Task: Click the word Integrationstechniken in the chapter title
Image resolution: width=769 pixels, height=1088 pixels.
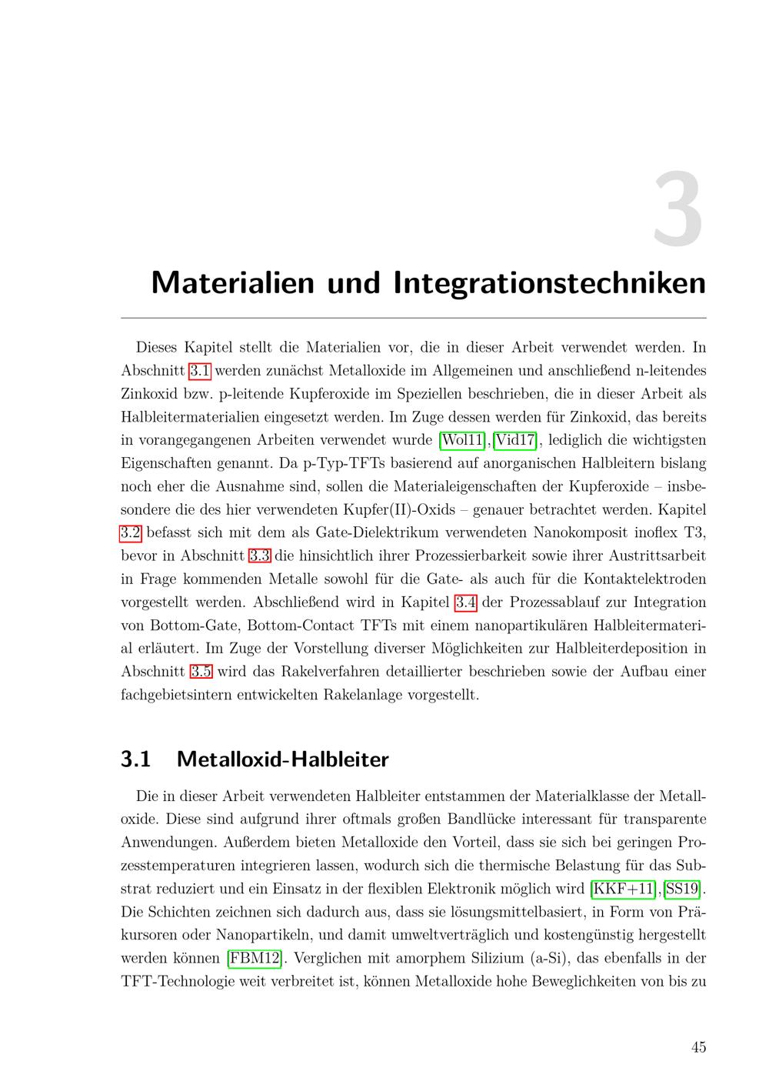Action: [x=549, y=283]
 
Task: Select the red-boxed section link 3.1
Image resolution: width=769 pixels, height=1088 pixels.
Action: [x=200, y=371]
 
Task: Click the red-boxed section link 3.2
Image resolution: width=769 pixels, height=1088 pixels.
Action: [x=131, y=532]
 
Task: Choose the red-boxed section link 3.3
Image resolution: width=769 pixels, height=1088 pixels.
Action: [x=259, y=556]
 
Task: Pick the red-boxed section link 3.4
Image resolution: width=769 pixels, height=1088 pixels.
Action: [x=466, y=602]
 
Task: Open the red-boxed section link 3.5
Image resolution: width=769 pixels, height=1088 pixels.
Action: [x=201, y=671]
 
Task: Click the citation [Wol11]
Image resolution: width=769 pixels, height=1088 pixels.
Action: [x=462, y=440]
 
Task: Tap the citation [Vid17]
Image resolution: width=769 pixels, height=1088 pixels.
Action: [x=515, y=440]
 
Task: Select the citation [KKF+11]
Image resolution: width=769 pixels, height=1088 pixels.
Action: [x=624, y=889]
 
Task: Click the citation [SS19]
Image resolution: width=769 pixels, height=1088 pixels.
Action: [x=683, y=889]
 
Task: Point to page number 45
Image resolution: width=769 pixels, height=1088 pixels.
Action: [x=698, y=1047]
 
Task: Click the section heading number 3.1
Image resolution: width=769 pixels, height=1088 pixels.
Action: [x=135, y=759]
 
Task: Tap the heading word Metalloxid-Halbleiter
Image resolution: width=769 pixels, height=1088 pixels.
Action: [x=282, y=759]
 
